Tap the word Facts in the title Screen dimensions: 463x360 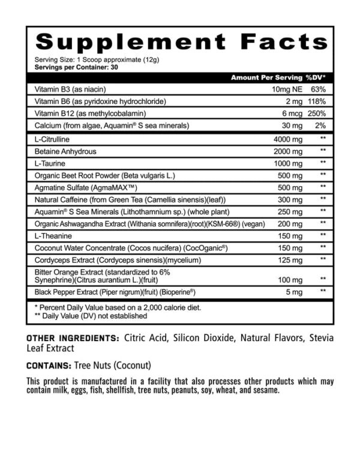click(x=283, y=41)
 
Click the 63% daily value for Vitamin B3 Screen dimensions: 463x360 click(x=317, y=89)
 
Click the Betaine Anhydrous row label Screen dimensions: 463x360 click(x=65, y=151)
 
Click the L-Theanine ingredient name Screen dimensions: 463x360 click(x=53, y=235)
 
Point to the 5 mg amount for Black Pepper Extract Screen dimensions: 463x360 click(x=293, y=291)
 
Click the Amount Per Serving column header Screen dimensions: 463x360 click(x=265, y=78)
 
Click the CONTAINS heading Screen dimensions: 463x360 click(x=49, y=364)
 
